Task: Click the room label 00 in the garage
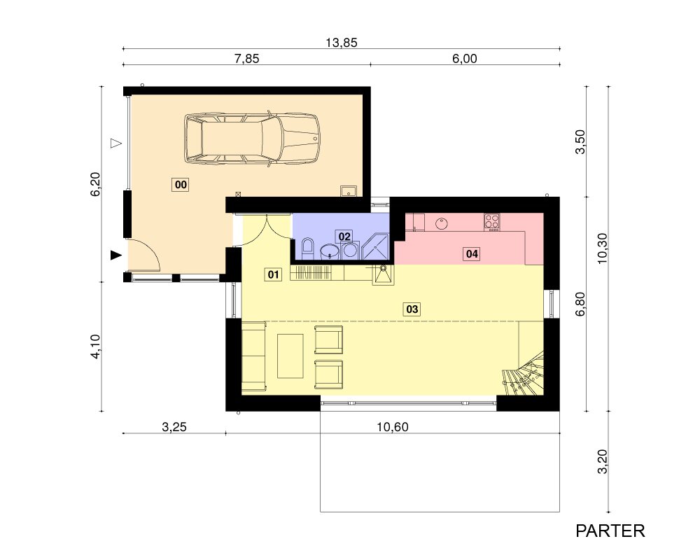click(x=181, y=184)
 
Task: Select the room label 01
click(x=273, y=274)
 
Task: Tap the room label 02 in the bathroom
click(x=344, y=236)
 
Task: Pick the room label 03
click(x=412, y=309)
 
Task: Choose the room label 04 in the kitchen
click(x=472, y=254)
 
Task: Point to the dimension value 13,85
click(x=342, y=43)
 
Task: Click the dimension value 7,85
click(x=247, y=59)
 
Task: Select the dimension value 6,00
click(x=465, y=59)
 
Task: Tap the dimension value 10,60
click(x=393, y=427)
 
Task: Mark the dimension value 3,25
click(x=174, y=427)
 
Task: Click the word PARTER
click(x=610, y=531)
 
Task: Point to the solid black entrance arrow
click(x=116, y=255)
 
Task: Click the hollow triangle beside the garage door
click(x=116, y=143)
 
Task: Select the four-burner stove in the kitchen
click(x=492, y=221)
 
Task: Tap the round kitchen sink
click(x=442, y=223)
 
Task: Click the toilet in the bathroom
click(x=308, y=248)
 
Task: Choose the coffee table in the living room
click(x=290, y=356)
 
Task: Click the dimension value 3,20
click(x=602, y=462)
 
